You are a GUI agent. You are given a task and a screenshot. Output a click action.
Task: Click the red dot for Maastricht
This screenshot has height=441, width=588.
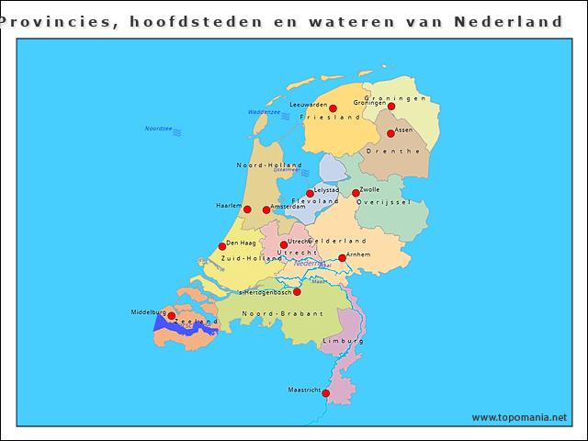pos(325,392)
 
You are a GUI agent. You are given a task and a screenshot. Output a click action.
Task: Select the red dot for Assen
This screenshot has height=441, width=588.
pos(390,133)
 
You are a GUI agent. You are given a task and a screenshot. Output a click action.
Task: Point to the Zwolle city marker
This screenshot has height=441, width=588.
pos(356,193)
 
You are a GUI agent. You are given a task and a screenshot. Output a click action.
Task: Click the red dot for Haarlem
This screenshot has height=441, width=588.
pos(247,209)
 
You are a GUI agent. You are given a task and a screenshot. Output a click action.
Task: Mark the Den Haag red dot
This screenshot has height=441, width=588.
pos(221,246)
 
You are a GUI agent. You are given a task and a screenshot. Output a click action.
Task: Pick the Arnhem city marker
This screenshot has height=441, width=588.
pos(342,258)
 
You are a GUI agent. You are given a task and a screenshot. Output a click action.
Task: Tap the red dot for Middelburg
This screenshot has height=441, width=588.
pos(171,316)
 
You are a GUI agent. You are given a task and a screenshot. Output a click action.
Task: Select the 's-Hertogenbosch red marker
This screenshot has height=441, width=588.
pos(297,292)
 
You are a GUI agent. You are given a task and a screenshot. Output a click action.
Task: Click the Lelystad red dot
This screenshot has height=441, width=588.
pos(310,194)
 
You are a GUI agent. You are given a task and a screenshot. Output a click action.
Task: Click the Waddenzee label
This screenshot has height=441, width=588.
pos(264,112)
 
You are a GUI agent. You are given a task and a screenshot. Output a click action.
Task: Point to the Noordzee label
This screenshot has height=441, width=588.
pos(159,129)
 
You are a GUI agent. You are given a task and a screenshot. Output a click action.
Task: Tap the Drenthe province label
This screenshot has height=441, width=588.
pos(393,151)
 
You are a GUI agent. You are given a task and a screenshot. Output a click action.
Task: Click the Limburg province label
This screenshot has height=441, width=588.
pos(343,341)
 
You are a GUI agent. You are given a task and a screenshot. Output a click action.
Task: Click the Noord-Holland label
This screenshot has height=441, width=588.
pos(269,165)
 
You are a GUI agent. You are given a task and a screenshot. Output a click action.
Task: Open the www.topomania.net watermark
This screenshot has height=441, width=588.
pos(519,417)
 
